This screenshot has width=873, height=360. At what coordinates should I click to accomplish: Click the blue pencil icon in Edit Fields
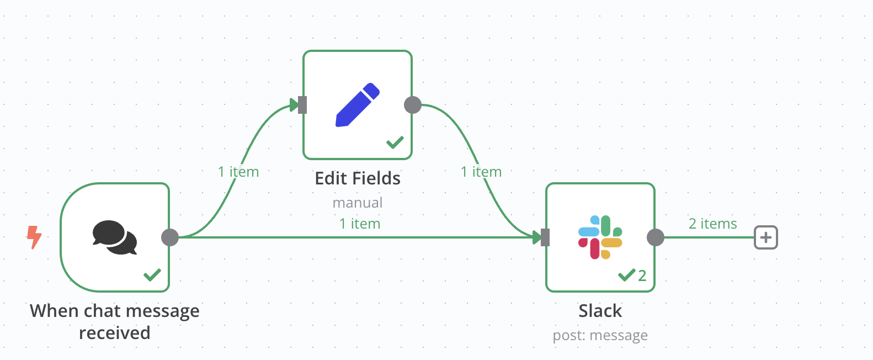point(358,104)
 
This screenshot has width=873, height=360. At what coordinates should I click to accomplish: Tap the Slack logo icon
point(600,237)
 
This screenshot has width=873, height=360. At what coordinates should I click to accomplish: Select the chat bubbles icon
point(115,237)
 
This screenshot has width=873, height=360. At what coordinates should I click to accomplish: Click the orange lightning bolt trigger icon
point(34,237)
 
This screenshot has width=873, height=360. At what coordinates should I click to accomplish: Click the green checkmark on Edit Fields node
point(395,142)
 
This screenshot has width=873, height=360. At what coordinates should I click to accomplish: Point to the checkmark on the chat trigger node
point(152,274)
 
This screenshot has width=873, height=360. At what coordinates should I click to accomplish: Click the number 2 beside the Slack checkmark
point(642,276)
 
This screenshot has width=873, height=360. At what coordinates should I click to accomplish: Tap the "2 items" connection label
point(713,224)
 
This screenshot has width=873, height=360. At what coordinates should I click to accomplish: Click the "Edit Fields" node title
point(358,178)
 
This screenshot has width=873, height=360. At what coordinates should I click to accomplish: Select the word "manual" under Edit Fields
point(358,203)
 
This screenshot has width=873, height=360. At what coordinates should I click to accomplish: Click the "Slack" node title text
point(600,311)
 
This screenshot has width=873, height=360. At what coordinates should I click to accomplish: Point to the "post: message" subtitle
point(600,335)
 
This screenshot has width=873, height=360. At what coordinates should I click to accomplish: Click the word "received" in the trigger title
point(115,333)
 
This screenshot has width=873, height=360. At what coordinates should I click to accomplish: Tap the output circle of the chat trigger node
point(170,237)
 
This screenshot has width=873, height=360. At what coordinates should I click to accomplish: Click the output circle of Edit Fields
point(413,104)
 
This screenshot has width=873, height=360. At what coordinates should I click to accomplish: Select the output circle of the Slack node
point(656,237)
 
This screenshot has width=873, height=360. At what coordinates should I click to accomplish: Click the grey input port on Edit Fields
point(302,104)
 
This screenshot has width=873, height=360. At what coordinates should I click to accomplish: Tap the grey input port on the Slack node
point(545,237)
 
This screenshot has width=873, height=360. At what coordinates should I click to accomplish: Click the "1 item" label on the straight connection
point(360,224)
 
